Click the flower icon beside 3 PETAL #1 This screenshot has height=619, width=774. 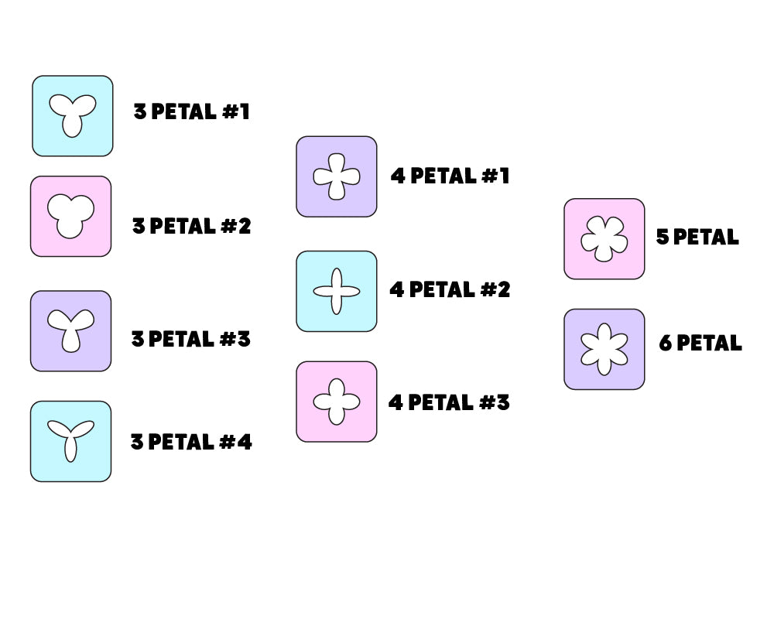tap(72, 115)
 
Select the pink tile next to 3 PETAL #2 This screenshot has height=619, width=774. tap(70, 216)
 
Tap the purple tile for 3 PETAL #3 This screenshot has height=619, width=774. tap(70, 330)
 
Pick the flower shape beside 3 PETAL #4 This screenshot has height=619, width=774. tap(70, 440)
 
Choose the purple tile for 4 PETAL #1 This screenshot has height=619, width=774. tap(336, 176)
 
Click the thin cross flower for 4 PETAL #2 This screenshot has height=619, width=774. tap(336, 291)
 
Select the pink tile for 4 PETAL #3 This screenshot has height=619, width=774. tap(336, 402)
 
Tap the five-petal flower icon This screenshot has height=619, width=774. tap(604, 238)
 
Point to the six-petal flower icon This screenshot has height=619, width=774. tap(604, 349)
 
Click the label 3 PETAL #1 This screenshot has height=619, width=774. tap(191, 111)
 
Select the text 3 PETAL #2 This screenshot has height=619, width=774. tap(191, 226)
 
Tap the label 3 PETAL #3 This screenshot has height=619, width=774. tap(190, 339)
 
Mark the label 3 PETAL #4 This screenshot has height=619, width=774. tap(190, 442)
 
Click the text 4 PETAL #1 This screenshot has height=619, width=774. tap(450, 176)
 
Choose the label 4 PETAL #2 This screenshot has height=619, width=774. tap(449, 289)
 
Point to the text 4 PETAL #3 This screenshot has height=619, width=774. tap(449, 402)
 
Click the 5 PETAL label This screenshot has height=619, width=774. tap(697, 237)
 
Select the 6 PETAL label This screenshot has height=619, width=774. tap(700, 343)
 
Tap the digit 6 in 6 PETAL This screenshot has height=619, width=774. tap(665, 343)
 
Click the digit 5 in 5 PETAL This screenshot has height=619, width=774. tap(663, 237)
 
